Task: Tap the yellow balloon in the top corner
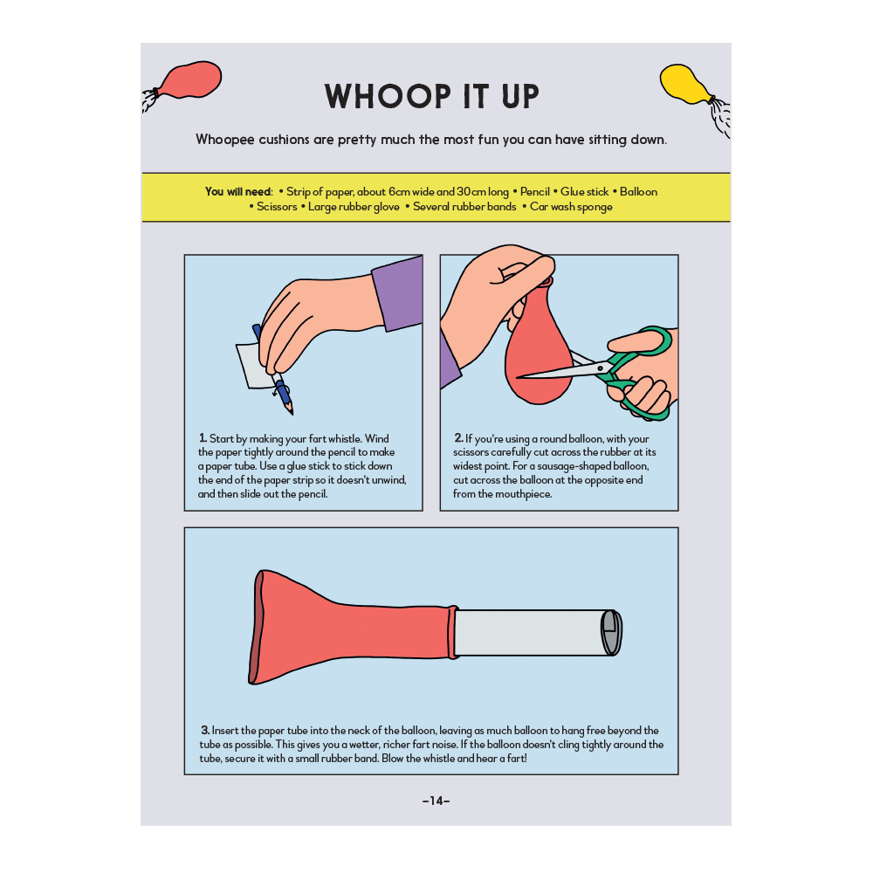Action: tap(684, 85)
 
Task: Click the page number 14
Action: tap(436, 801)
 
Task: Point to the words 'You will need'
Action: tap(238, 191)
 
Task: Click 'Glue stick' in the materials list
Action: tap(584, 191)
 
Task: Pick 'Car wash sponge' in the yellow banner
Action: tap(571, 207)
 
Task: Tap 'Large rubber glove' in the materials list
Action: tap(354, 207)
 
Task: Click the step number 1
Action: tap(203, 438)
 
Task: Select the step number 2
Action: tap(458, 438)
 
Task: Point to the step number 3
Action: tap(205, 730)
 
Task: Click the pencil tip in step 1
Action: tap(291, 413)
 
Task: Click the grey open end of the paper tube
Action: tap(611, 632)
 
